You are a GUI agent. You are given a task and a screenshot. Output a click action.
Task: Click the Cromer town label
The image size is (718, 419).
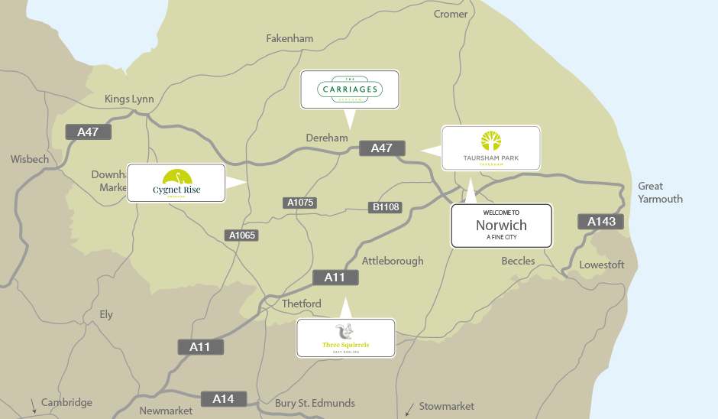tap(450, 14)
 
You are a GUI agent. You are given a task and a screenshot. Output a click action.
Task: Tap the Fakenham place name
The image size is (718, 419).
tap(289, 38)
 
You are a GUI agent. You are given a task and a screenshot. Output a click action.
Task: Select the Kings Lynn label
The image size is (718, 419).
tap(129, 99)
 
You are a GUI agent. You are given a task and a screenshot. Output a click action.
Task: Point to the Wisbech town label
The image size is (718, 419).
tap(29, 159)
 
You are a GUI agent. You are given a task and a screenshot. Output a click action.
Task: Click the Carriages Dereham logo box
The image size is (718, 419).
tap(350, 90)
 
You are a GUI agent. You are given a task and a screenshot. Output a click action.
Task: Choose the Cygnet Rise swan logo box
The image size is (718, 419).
tap(176, 183)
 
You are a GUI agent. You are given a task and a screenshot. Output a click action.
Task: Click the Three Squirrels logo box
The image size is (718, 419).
tap(345, 338)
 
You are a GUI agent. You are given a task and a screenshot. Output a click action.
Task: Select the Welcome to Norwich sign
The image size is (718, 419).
tap(501, 226)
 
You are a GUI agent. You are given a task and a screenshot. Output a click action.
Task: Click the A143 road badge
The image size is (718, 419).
tap(600, 222)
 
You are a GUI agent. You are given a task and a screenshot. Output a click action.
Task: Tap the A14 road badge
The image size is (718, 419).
tap(223, 398)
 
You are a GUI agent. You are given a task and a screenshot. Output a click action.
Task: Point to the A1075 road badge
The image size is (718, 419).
tap(300, 203)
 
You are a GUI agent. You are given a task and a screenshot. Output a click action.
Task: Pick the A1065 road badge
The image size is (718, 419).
tap(243, 235)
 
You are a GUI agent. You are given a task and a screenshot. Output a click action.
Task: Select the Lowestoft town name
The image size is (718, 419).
tap(602, 265)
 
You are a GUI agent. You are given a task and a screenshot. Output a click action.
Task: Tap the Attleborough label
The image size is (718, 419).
tap(393, 261)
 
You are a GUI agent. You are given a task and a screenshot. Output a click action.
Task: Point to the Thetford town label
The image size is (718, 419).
tap(302, 304)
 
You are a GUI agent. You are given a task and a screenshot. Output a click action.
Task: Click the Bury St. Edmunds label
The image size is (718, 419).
tap(315, 403)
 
